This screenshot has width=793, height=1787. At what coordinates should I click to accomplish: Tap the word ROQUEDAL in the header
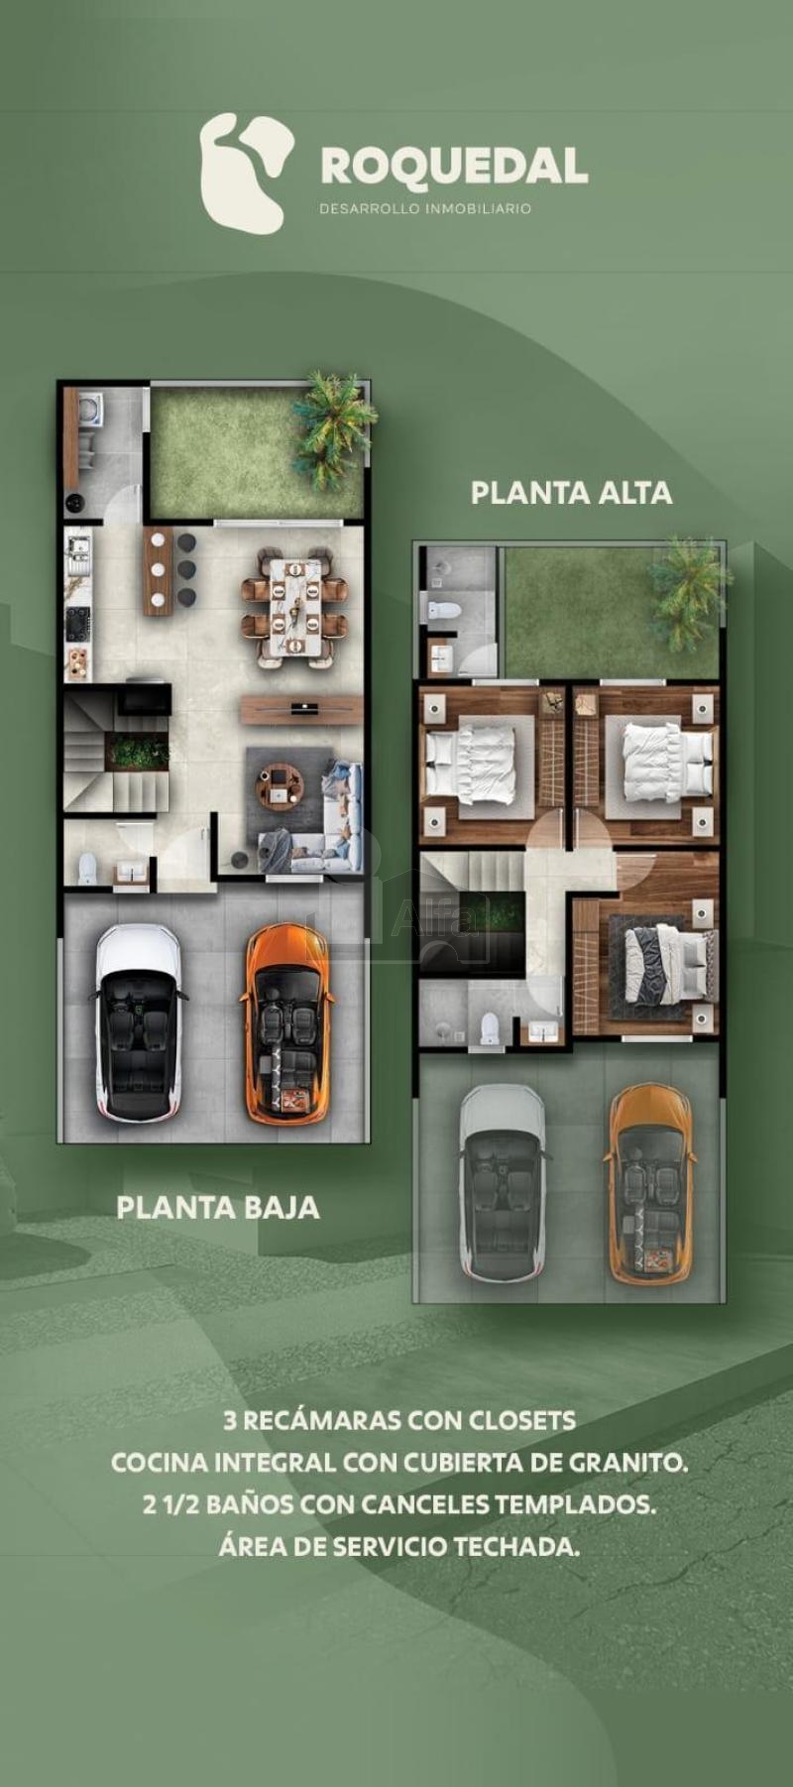coord(454,167)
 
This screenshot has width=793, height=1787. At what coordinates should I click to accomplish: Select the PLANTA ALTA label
coord(571,493)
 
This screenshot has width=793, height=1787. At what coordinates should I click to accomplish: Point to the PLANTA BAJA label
coord(218,1207)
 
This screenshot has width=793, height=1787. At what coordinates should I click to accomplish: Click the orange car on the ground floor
coord(286,1023)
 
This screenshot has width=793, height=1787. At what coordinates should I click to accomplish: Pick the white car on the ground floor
coord(140,1023)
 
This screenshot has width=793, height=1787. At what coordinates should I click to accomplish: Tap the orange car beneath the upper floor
coord(650,1184)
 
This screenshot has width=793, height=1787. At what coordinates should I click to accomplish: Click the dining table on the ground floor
coord(294,608)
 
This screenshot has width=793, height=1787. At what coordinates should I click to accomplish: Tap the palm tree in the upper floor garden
coord(688,592)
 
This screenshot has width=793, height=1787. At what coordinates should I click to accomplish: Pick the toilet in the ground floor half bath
coord(87,869)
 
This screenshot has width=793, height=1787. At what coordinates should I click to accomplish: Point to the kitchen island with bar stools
coord(158,571)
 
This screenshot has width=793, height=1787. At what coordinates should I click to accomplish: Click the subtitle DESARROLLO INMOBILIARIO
coord(425,208)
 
